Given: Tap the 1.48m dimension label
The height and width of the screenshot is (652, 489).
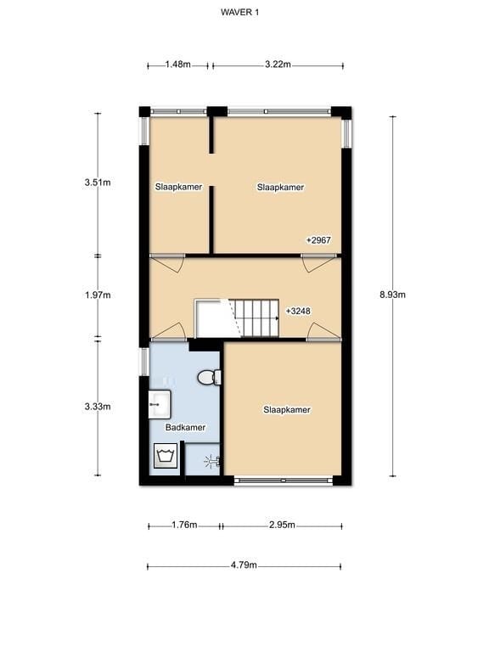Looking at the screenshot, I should coord(177,65).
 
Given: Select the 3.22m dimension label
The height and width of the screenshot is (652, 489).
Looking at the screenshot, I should coord(278,65).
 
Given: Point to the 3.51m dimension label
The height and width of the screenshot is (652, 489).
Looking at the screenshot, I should coord(98,182).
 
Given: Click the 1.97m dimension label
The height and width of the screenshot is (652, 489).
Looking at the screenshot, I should coord(98,295).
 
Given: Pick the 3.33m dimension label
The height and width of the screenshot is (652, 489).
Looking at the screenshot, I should coord(98,407).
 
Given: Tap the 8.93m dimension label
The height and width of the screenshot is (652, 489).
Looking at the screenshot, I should coord(392,295).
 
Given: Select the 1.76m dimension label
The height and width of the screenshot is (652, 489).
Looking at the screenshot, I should coord(183,526).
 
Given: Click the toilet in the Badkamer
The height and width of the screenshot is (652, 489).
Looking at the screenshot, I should coord(208,377).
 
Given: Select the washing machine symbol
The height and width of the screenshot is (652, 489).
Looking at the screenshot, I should coord(164,458).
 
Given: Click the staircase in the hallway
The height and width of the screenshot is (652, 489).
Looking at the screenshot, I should coord(256,317).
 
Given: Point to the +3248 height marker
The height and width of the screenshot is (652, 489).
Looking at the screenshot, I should coord(300,311).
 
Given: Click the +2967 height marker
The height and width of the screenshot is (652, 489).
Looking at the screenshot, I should coord(318,240).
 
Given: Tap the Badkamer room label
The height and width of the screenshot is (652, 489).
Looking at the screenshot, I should coord(185,428).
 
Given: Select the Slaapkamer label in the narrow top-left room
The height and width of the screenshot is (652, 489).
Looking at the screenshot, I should coord(178,187).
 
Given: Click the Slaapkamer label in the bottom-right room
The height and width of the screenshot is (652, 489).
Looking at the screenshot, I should coord(287,409).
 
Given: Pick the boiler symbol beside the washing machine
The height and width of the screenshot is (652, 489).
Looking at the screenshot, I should coord(209,462).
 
